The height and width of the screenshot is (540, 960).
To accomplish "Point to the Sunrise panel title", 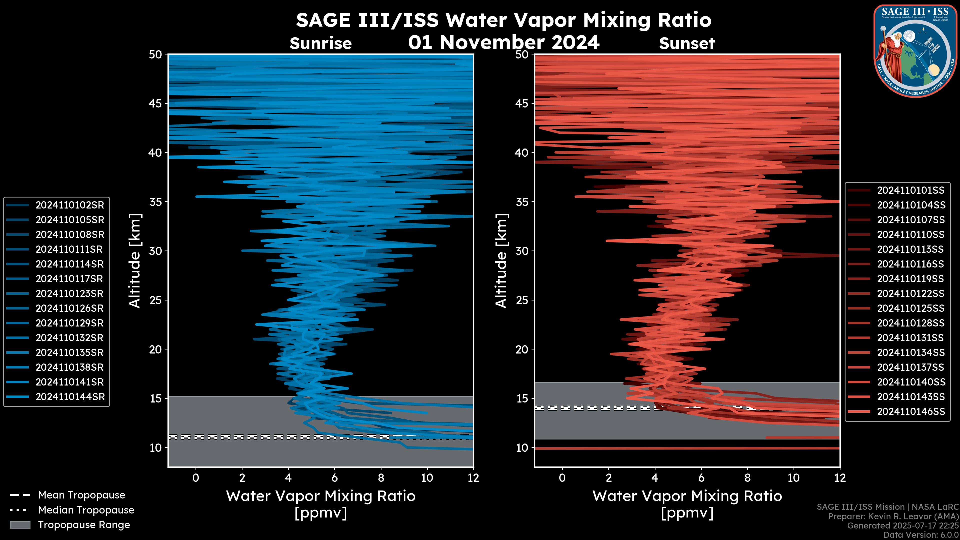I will [320, 43].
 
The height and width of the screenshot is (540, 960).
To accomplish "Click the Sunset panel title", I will [687, 43].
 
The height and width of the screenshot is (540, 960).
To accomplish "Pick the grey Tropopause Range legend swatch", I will [20, 525].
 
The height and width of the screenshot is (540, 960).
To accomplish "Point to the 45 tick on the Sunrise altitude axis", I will [156, 103].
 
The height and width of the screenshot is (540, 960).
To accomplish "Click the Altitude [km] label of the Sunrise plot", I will [134, 260].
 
